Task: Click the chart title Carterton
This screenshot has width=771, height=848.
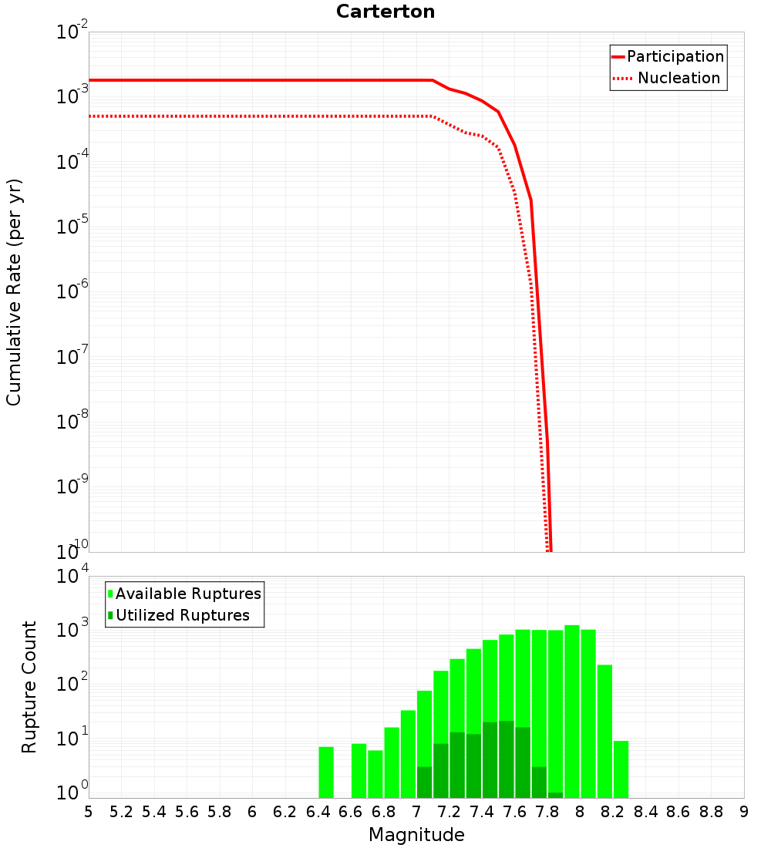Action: point(385,12)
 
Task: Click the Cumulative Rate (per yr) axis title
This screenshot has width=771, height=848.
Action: point(14,292)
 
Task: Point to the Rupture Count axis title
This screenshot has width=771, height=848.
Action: point(29,687)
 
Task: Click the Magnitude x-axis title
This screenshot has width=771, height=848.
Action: point(416,835)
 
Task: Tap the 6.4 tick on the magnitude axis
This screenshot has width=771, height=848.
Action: point(318,812)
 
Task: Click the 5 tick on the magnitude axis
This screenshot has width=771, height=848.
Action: point(89,812)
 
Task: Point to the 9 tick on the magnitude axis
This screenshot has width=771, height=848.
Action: point(744,812)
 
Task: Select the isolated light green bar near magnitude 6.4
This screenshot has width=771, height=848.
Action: point(326,771)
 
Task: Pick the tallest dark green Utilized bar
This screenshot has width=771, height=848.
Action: point(506,759)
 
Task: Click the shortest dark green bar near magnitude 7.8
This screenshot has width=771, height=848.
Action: point(555,795)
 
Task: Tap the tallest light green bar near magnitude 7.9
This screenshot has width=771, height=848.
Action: point(571,709)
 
